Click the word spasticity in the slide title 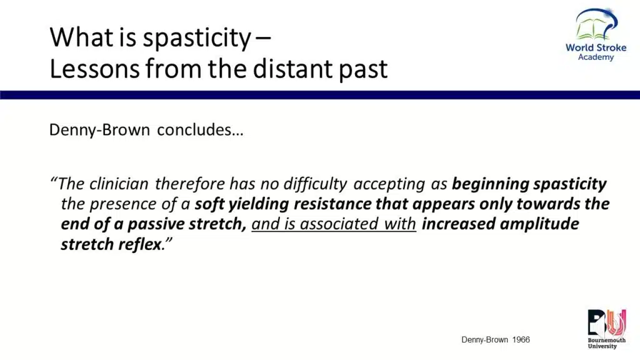197,38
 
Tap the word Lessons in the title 94,68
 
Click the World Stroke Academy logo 596,35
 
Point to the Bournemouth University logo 606,329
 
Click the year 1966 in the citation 521,339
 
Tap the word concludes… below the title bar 200,130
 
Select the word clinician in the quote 119,184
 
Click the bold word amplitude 539,224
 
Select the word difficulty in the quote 315,184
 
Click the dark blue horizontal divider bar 320,95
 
